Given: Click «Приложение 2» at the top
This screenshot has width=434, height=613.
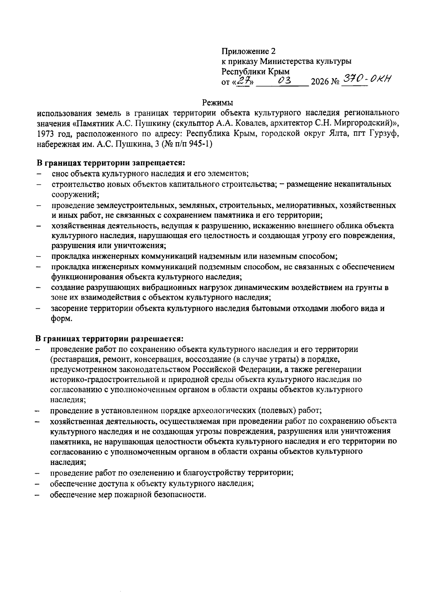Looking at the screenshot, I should [x=246, y=51].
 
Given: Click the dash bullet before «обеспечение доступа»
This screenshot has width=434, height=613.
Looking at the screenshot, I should [x=38, y=484].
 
